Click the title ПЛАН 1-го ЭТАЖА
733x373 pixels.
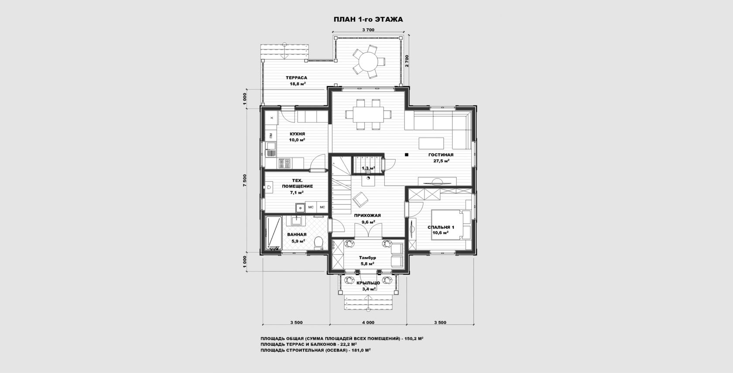point(368,20)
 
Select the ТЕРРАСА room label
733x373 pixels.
point(297,78)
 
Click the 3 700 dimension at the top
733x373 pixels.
point(368,30)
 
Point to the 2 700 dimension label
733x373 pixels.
point(407,61)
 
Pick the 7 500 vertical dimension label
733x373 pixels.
point(245,180)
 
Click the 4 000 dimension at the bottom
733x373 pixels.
point(368,323)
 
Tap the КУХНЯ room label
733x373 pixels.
point(298,134)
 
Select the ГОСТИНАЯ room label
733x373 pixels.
point(441,155)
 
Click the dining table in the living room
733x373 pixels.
point(368,114)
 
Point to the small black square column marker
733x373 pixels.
point(407,154)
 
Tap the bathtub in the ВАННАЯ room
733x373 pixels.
point(274,233)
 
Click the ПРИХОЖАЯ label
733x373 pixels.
point(367,216)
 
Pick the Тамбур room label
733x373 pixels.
point(367,258)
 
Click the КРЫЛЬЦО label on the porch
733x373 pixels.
point(368,283)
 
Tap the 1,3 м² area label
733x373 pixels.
point(368,168)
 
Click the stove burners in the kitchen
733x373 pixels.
point(284,163)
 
